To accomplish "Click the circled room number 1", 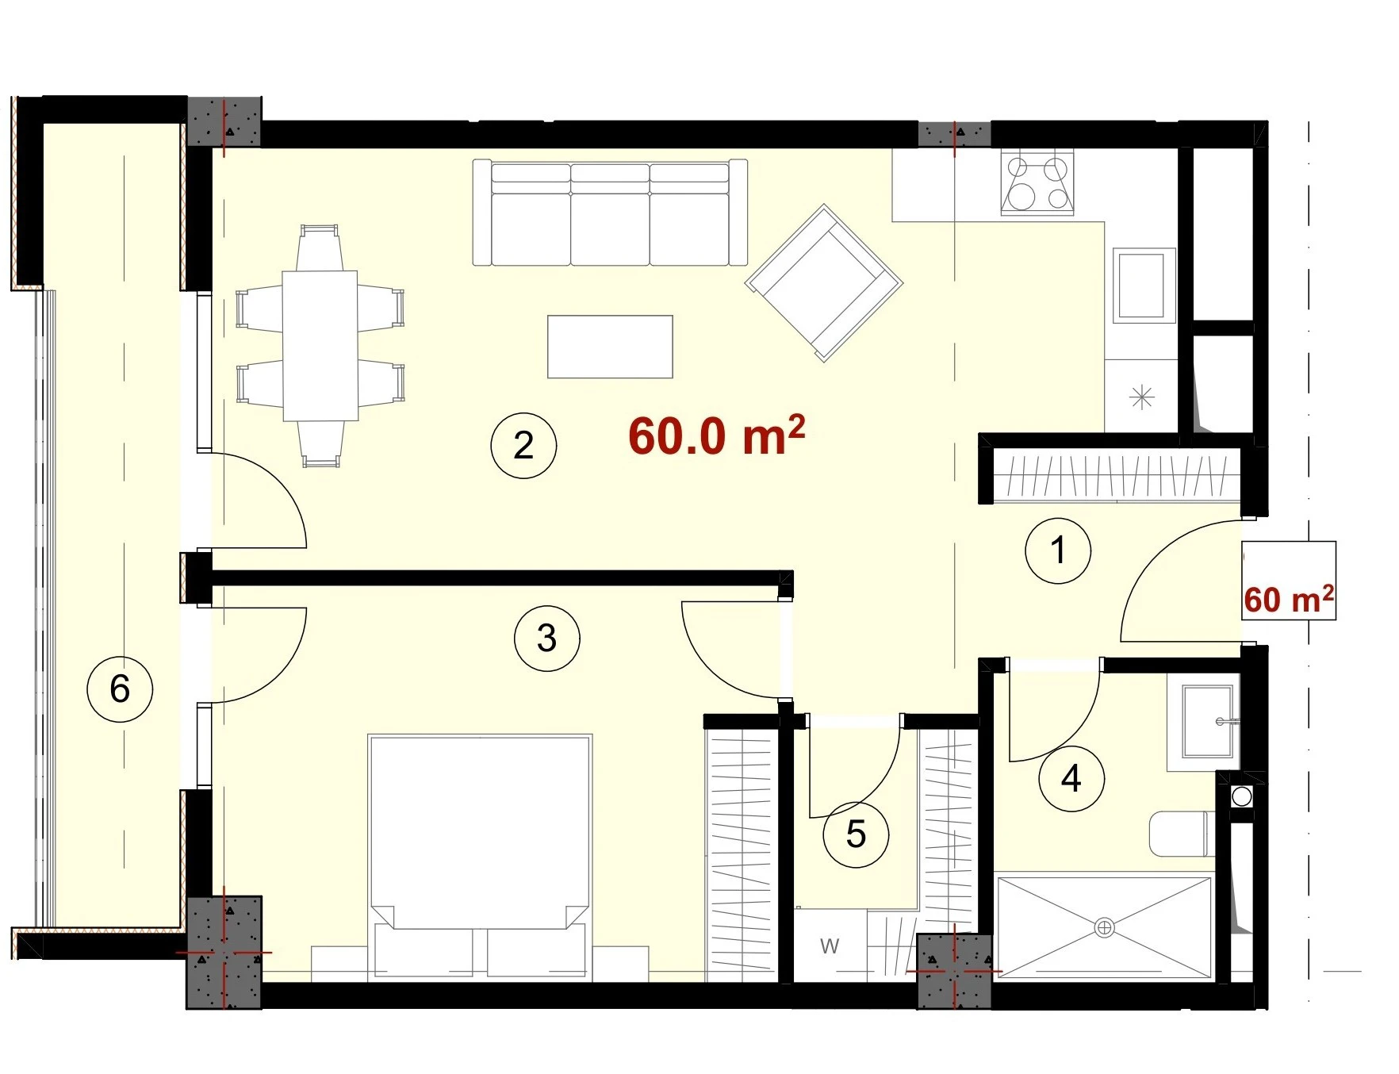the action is [x=1057, y=550].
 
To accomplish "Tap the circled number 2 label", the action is [x=523, y=445].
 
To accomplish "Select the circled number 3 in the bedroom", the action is [x=546, y=639].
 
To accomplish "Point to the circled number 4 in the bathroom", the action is [x=1071, y=779].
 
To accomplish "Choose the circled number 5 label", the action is [x=856, y=834].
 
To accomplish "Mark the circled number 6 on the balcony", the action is [x=120, y=689].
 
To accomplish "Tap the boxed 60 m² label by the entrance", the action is [x=1289, y=600].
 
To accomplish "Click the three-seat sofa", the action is [x=610, y=213].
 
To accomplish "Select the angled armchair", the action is [x=824, y=283].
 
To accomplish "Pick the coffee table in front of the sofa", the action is [x=610, y=347].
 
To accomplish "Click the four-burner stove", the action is [x=1037, y=182].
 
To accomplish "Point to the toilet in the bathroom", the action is [x=1178, y=834].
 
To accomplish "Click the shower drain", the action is [x=1105, y=926].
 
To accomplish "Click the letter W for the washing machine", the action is [x=830, y=946].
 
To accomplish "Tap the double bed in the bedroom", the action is [x=480, y=857].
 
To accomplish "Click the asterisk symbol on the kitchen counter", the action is [x=1141, y=397].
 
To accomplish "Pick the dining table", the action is [x=320, y=346].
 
